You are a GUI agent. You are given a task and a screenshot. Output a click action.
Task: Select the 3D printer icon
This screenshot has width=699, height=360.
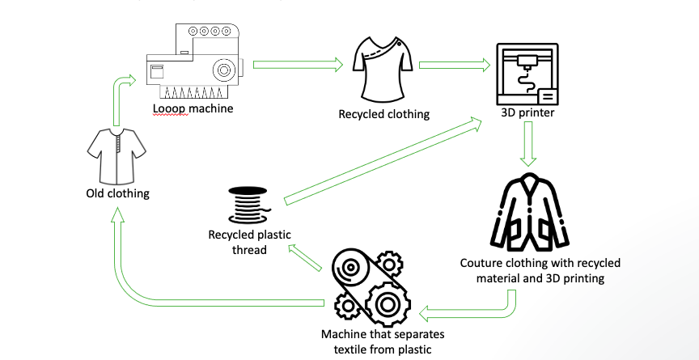click(527, 76)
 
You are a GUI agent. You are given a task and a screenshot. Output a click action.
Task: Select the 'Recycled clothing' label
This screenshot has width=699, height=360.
click(383, 114)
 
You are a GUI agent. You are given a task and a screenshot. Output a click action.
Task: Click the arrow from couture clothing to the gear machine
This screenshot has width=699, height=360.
click(469, 307)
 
